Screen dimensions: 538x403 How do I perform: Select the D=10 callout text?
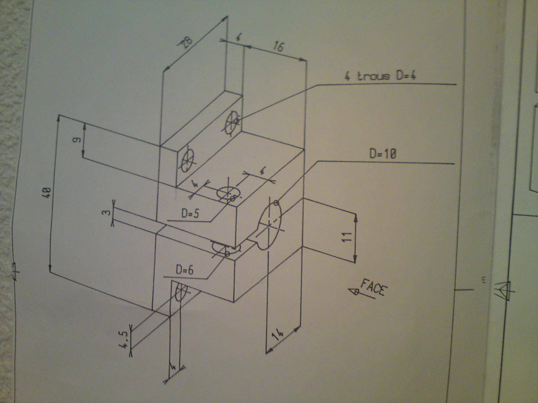click(382, 154)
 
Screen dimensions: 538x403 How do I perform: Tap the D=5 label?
click(190, 213)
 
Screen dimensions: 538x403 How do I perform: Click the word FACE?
click(372, 288)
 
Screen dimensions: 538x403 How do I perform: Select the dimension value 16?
click(278, 46)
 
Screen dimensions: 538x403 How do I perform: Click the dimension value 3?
click(108, 213)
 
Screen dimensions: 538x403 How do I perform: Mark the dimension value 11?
click(346, 237)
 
